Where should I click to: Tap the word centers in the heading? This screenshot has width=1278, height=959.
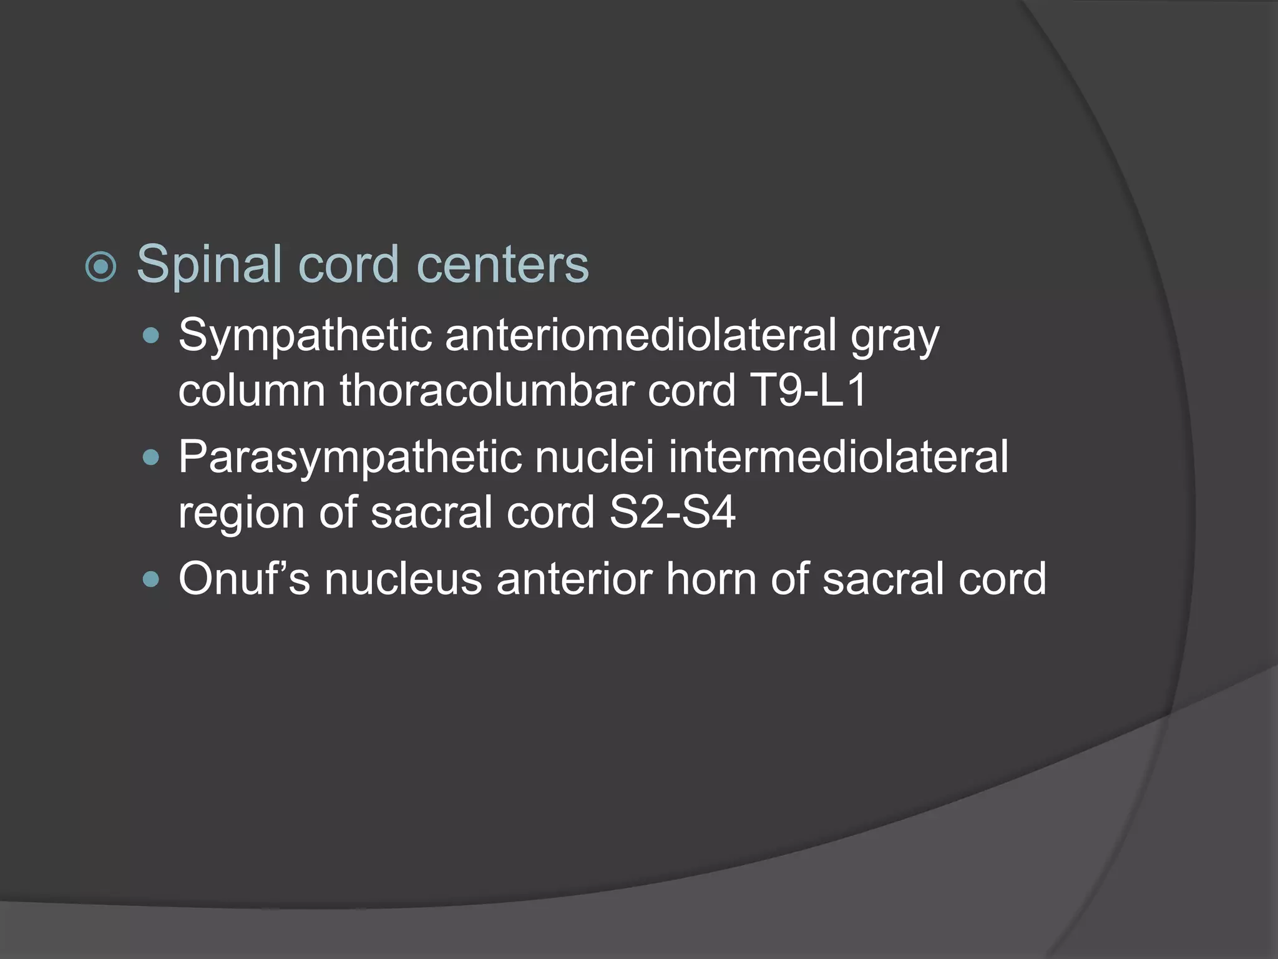pos(502,265)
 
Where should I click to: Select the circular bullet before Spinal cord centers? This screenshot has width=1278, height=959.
pos(100,267)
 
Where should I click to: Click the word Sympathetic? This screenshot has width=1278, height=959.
pos(305,337)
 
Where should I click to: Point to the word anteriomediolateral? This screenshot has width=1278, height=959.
pos(640,335)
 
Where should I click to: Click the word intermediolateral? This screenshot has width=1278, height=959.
pos(838,456)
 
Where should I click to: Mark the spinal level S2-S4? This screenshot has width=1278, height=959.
pos(672,513)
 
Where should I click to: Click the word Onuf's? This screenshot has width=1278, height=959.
pos(244,578)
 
